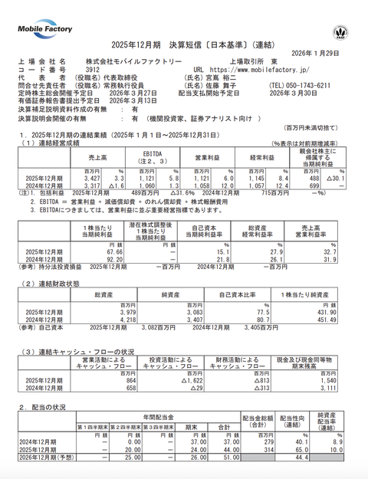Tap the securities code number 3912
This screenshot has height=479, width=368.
point(94,68)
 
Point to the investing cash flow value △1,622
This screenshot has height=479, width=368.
point(192,379)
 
